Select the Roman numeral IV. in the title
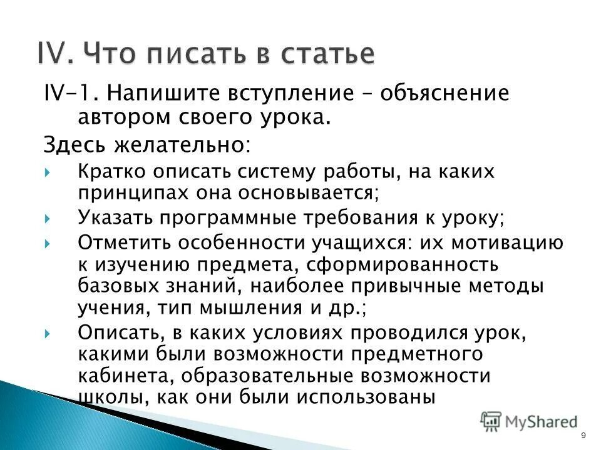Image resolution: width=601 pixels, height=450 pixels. (57, 53)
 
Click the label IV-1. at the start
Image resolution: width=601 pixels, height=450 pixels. (68, 93)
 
